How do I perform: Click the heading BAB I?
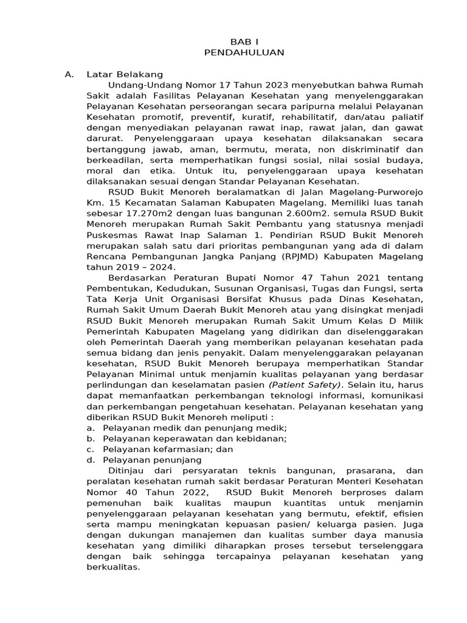(x=244, y=41)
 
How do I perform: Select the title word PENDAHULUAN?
(x=244, y=52)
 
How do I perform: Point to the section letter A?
(x=69, y=74)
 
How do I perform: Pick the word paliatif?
(x=406, y=118)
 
